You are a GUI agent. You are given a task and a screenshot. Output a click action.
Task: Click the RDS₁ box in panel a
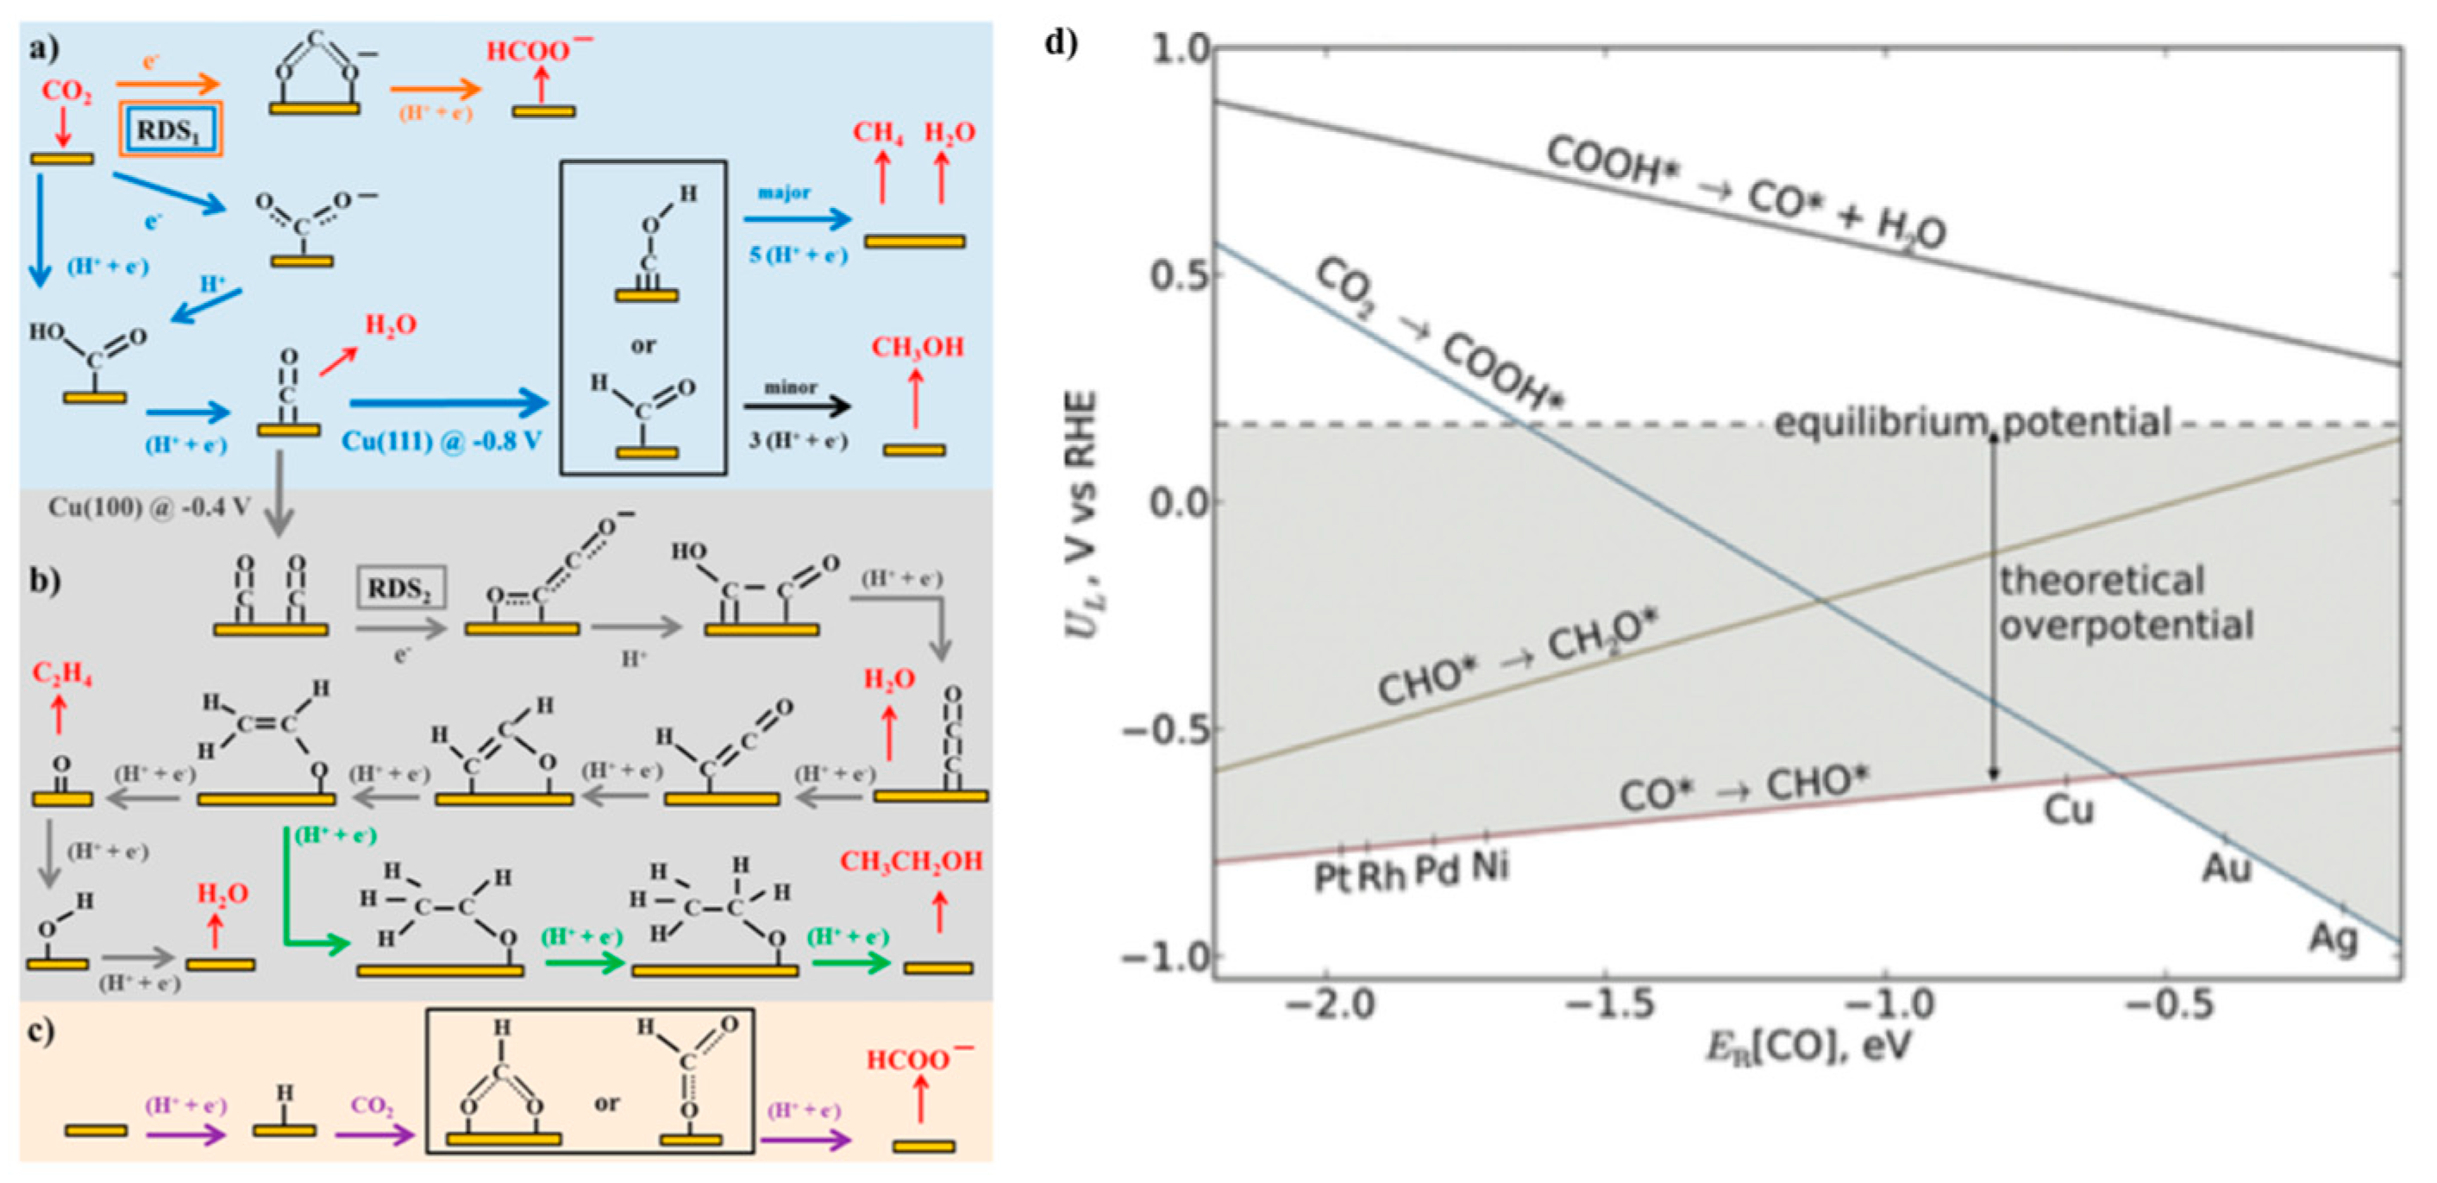click(x=169, y=129)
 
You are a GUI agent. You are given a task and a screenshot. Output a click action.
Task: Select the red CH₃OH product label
click(x=917, y=348)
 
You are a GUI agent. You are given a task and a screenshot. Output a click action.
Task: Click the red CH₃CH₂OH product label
click(x=911, y=861)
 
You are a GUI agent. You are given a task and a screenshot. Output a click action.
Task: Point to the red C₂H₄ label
click(x=61, y=674)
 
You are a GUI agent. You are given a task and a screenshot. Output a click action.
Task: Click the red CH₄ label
click(x=877, y=133)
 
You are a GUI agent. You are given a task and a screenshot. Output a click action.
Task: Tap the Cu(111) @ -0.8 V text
click(x=441, y=441)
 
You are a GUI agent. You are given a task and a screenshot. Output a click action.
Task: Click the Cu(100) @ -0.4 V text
click(x=149, y=507)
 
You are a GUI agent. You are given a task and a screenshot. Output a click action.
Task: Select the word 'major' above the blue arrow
click(x=784, y=192)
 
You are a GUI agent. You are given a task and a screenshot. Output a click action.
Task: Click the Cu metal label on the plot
click(x=2068, y=810)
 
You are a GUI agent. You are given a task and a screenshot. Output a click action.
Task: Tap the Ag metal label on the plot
click(x=2333, y=938)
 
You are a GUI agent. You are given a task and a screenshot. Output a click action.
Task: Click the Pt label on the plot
click(x=1332, y=877)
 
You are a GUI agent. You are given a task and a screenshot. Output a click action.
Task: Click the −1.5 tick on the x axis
click(x=1609, y=1004)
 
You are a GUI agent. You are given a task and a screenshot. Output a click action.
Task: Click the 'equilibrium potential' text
click(x=1971, y=422)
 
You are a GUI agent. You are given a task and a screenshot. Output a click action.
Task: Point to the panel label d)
click(x=1061, y=41)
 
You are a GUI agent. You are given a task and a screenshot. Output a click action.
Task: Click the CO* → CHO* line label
click(x=1744, y=789)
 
